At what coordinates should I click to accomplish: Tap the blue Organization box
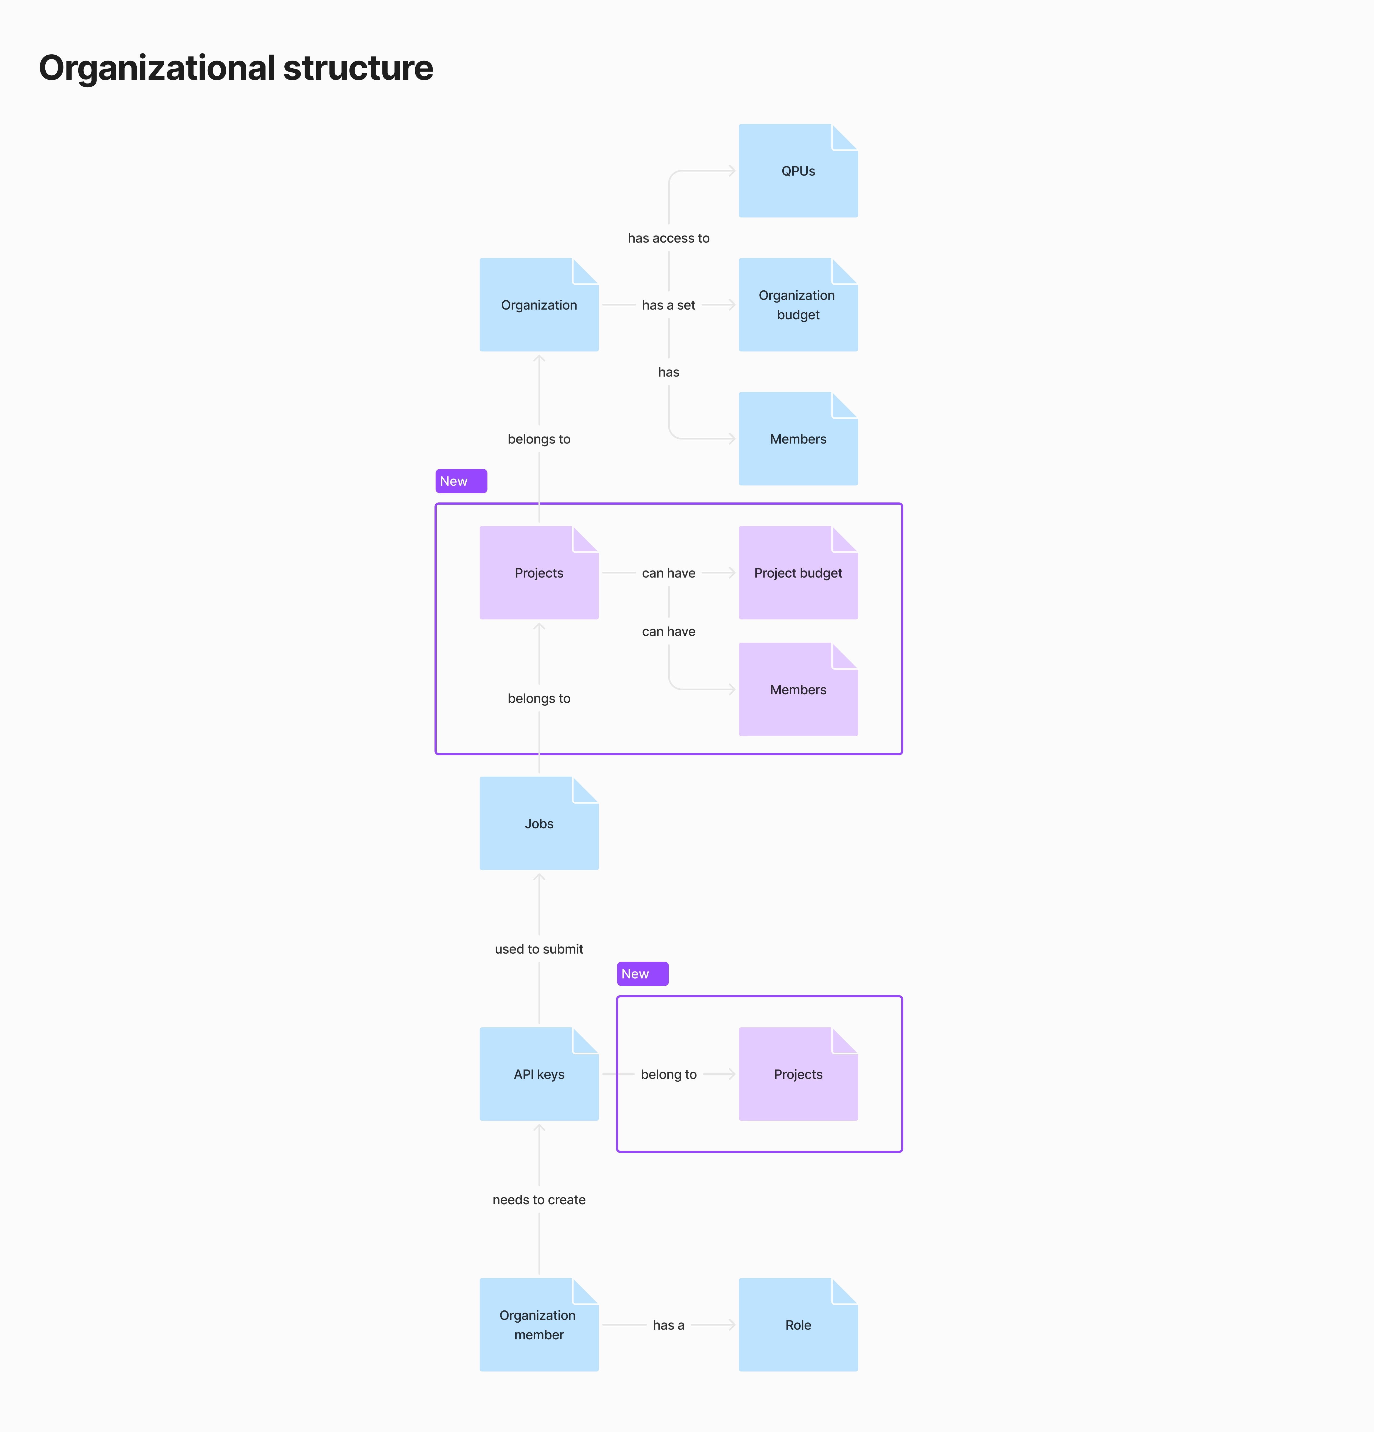coord(539,305)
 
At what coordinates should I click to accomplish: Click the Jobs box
coord(539,823)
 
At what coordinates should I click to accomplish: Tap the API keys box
coord(539,1074)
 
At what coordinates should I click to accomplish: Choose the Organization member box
coord(539,1324)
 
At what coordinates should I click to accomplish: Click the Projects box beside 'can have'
coord(539,573)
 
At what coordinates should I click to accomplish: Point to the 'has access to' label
coord(668,238)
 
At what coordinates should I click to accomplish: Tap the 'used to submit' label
coord(539,949)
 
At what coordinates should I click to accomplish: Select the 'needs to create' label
coord(539,1200)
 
